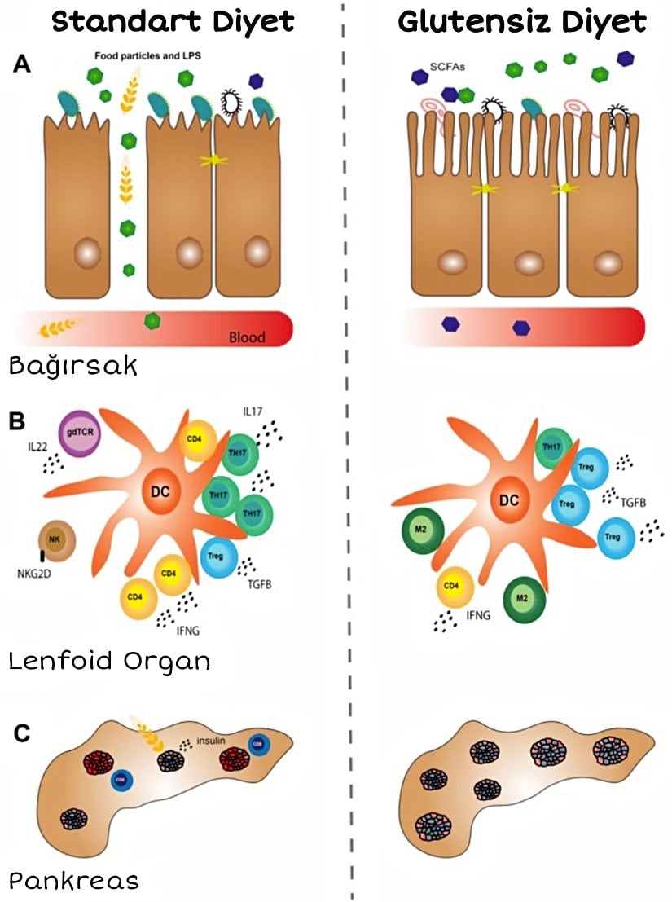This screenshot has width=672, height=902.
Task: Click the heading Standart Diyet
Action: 172,22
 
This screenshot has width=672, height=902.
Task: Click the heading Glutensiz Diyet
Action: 521,22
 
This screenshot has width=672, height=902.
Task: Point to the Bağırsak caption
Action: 72,366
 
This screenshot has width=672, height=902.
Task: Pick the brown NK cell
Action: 57,540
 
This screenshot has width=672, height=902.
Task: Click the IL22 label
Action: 40,447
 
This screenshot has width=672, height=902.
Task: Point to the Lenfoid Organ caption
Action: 109,661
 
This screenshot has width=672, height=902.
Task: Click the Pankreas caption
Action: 73,879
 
